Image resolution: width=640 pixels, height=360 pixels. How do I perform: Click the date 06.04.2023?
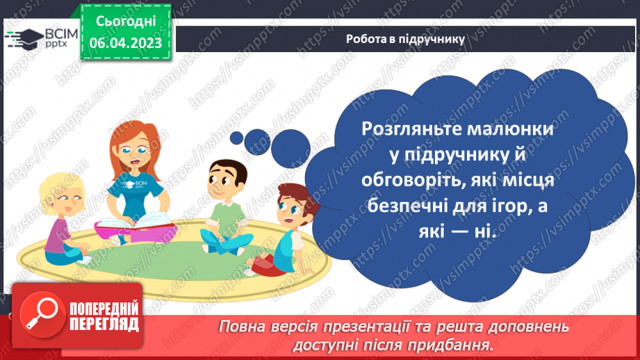pos(125,43)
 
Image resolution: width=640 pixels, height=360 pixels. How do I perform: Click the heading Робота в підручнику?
pos(405,39)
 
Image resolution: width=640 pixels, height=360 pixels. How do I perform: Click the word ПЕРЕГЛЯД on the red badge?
pos(104,324)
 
